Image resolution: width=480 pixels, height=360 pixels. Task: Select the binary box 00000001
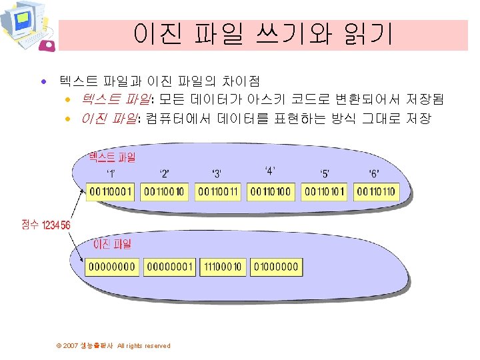169,267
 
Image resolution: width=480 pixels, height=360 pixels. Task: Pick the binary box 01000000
277,267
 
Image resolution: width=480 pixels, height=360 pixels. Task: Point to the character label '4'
271,170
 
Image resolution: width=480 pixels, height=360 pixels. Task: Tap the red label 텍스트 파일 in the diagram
112,158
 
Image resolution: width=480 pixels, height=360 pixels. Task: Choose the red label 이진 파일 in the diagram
112,245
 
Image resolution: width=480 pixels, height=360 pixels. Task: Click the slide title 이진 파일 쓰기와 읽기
263,34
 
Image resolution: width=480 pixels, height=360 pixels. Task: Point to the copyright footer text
113,345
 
